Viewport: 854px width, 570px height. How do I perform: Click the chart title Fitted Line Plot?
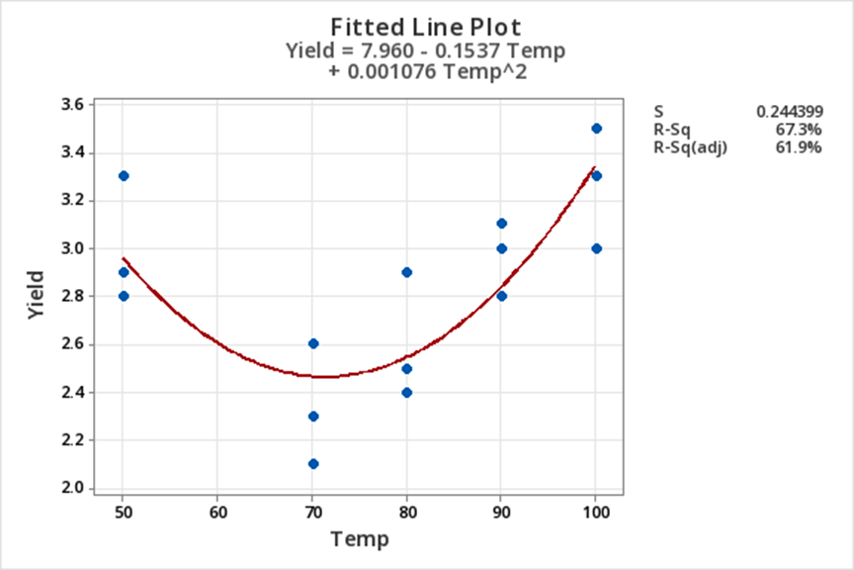click(425, 26)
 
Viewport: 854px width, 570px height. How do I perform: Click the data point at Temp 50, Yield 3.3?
click(124, 176)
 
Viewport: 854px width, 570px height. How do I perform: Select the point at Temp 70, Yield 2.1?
click(313, 464)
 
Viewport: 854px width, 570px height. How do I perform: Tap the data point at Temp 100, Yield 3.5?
click(596, 129)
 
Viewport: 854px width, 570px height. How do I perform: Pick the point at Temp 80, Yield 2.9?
click(406, 272)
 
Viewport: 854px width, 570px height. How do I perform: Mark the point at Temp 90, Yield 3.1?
click(501, 224)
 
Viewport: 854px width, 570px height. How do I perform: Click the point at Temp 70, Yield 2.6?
click(313, 343)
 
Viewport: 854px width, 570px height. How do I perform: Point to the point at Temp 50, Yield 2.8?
click(124, 296)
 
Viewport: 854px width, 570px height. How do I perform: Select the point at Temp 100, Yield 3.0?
click(596, 248)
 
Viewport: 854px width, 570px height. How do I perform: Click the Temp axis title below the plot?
click(360, 539)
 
